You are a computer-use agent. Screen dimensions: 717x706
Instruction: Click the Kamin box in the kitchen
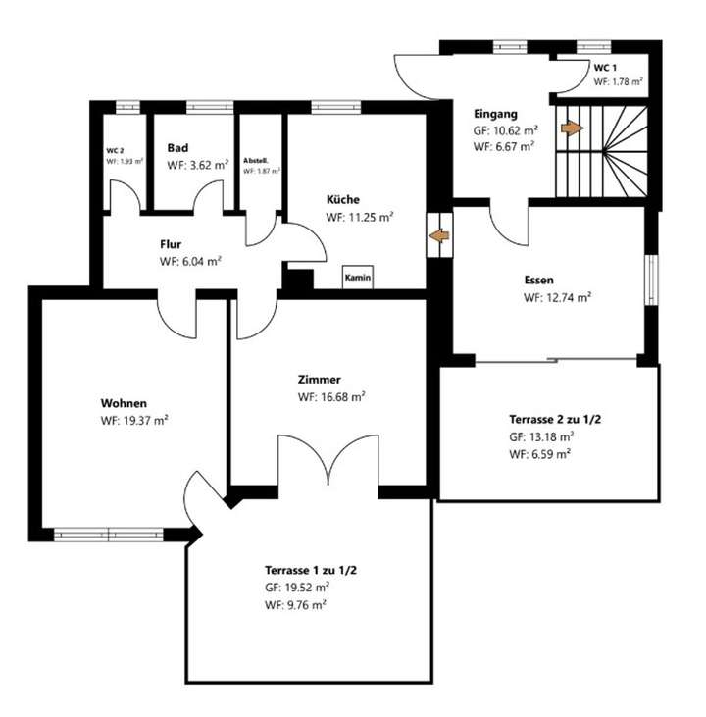(358, 278)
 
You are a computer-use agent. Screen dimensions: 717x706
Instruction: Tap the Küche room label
(344, 200)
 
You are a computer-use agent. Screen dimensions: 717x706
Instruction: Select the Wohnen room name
(124, 403)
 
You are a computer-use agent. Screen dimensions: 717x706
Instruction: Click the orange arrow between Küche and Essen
(440, 236)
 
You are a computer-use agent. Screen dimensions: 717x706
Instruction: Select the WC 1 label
(606, 68)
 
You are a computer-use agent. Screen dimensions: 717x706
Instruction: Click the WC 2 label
(115, 151)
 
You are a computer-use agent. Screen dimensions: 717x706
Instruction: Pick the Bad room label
(177, 148)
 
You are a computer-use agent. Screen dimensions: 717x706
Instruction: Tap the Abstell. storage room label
(256, 160)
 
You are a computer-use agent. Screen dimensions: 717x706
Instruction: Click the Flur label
(171, 244)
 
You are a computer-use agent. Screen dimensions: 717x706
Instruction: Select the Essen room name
(538, 280)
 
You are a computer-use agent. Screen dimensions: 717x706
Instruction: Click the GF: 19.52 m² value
(296, 588)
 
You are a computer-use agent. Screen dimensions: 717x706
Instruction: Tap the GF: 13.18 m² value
(540, 437)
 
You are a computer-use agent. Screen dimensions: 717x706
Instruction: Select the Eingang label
(495, 113)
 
